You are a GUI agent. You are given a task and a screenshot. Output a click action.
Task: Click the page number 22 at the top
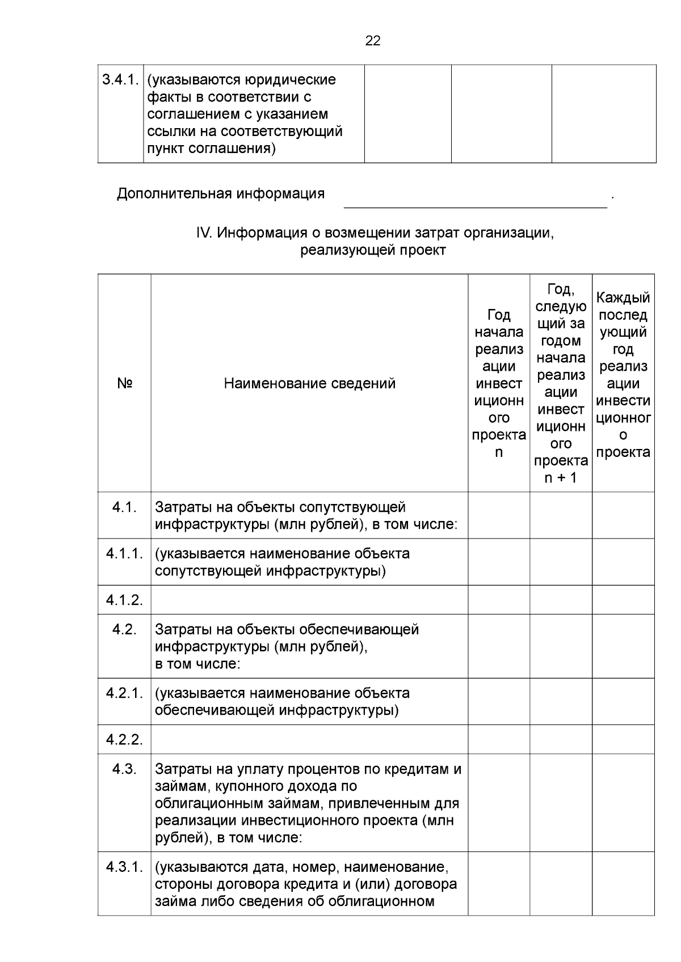[x=373, y=41]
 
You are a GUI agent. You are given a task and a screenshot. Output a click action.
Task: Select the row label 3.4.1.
[x=120, y=80]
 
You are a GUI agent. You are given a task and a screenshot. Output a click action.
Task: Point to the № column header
[x=124, y=384]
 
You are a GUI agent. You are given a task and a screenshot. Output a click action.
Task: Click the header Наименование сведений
[x=309, y=384]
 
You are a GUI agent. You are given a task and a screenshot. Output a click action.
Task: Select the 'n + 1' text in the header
[x=560, y=478]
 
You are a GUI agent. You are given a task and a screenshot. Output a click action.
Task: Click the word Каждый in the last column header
[x=623, y=298]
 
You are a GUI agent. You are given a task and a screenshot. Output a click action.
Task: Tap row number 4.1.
[x=124, y=507]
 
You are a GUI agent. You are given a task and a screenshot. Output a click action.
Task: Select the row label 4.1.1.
[x=124, y=554]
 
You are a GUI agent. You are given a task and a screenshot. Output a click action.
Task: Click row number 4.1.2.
[x=124, y=600]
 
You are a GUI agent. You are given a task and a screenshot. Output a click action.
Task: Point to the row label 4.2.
[x=124, y=630]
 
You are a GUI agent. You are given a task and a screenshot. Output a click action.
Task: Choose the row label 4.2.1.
[x=124, y=693]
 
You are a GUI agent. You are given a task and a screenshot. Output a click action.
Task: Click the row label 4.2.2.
[x=124, y=740]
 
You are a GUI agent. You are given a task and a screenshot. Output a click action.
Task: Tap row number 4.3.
[x=124, y=769]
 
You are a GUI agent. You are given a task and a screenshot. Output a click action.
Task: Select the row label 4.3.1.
[x=124, y=867]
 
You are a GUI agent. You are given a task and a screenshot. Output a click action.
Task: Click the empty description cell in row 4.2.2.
[x=309, y=740]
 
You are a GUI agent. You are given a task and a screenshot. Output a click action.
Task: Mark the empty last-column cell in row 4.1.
[x=623, y=515]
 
